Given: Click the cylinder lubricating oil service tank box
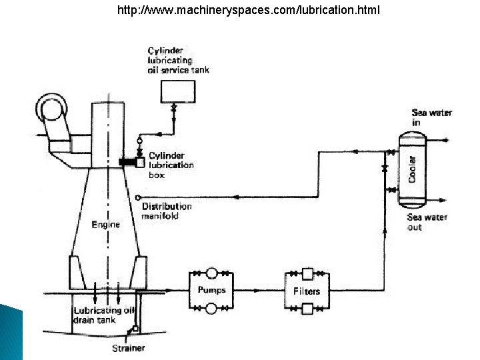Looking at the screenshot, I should [x=177, y=91].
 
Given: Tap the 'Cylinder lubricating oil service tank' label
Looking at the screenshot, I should [x=178, y=61].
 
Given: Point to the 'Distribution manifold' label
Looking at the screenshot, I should [x=166, y=211].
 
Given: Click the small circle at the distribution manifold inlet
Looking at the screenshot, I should [x=137, y=198].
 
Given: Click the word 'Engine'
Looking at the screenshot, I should [x=105, y=225].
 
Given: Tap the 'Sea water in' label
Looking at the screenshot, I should [x=431, y=117].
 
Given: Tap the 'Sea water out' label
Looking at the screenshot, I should [x=427, y=222].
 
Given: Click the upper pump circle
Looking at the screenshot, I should [x=211, y=273].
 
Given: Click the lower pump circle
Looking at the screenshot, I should [x=211, y=308].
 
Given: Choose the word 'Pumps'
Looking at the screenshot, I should [x=211, y=290].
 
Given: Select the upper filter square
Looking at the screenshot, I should [x=307, y=273].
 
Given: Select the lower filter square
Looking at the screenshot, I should [x=307, y=308].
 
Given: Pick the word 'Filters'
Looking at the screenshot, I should [x=307, y=291].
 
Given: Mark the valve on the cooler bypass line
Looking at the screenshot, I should [x=385, y=169].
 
